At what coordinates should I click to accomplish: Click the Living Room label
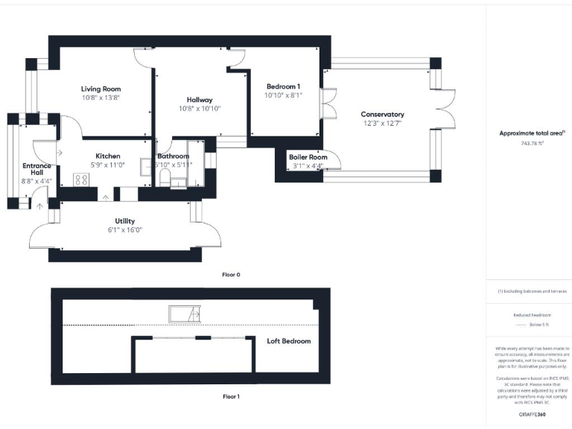(x=101, y=89)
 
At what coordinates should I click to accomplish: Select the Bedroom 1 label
(x=283, y=86)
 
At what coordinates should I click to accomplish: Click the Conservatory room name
(x=382, y=114)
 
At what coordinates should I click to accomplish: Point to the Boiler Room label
(x=308, y=157)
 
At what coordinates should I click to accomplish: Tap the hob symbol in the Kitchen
(x=81, y=179)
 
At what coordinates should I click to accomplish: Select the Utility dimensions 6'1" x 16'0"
(x=124, y=230)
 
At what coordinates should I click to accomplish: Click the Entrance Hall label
(x=36, y=169)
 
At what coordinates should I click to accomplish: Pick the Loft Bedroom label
(x=289, y=341)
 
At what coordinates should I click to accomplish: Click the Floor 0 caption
(x=231, y=275)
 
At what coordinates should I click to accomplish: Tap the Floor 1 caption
(x=231, y=397)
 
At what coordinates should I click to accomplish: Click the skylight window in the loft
(x=184, y=314)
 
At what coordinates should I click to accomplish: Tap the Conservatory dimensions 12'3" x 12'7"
(x=382, y=123)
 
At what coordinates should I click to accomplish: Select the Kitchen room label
(x=107, y=156)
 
